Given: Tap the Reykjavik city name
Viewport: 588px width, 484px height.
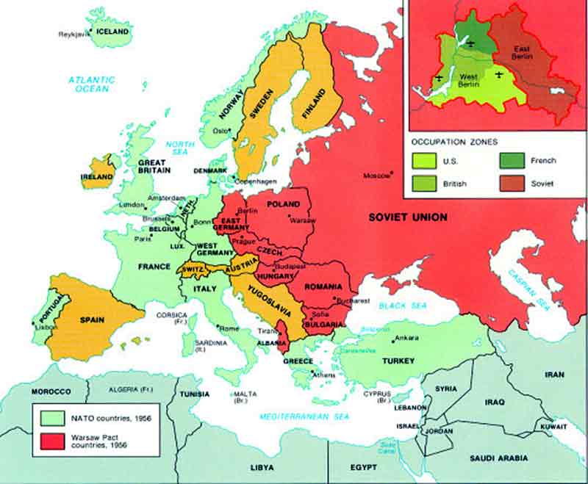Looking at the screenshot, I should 73,34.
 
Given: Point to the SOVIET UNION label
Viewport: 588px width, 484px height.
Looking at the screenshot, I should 407,217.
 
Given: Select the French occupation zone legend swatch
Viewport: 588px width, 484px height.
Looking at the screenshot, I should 510,160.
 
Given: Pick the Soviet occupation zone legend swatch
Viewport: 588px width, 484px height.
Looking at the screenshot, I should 510,184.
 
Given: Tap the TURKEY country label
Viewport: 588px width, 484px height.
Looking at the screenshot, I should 398,361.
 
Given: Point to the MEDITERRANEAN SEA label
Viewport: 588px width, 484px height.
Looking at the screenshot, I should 293,417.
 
